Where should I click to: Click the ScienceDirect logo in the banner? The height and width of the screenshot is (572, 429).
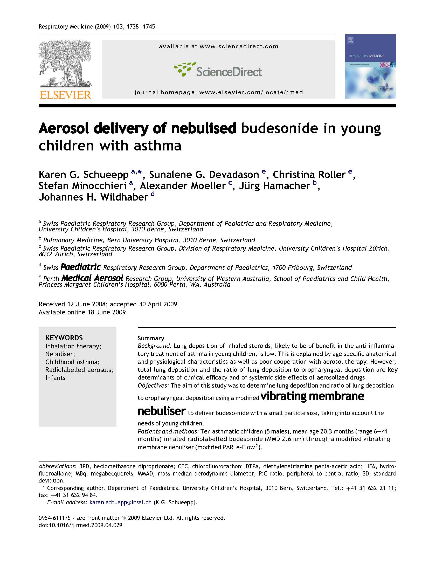(x=218, y=70)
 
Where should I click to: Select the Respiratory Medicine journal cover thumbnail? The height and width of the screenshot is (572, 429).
(x=370, y=66)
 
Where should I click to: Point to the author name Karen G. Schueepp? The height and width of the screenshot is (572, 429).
(x=84, y=175)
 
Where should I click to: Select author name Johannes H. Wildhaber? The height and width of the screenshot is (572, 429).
(x=93, y=197)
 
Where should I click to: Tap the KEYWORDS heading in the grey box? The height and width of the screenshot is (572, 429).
(x=64, y=338)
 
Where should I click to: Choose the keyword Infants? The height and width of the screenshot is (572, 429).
(x=55, y=378)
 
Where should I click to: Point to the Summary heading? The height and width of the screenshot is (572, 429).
(x=151, y=338)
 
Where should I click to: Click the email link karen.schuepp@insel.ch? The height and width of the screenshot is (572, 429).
(x=120, y=502)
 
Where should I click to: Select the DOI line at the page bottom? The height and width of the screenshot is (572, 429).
(x=80, y=525)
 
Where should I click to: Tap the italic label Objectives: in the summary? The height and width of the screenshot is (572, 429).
(x=153, y=385)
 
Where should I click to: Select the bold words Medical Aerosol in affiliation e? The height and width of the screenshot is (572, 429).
(x=92, y=278)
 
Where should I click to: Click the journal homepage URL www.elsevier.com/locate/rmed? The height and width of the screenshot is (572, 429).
(x=251, y=92)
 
